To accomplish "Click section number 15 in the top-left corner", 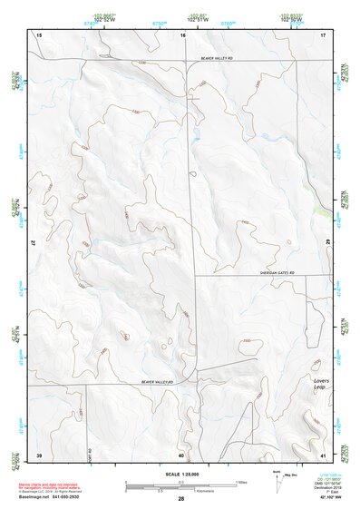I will click(39, 35).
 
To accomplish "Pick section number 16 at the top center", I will click(182, 35).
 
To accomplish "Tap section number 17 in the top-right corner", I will click(323, 35).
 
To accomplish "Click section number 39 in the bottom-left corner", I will click(39, 454).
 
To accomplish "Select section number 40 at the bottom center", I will click(181, 454).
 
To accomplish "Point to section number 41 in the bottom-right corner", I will click(322, 454).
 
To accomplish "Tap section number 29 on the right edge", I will click(327, 243).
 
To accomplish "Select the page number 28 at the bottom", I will click(181, 499).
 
